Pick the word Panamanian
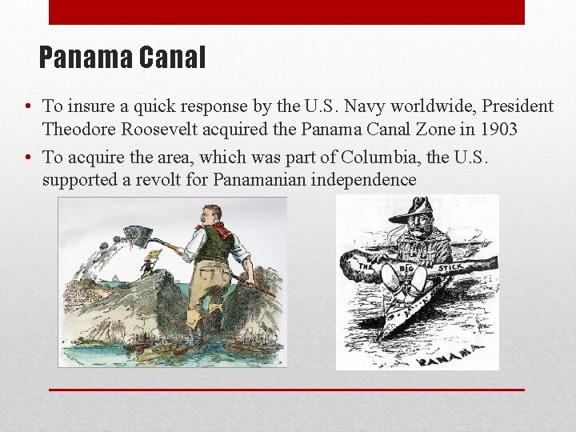point(260,180)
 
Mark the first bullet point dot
point(29,107)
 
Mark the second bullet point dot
point(29,158)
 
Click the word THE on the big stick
point(366,266)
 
